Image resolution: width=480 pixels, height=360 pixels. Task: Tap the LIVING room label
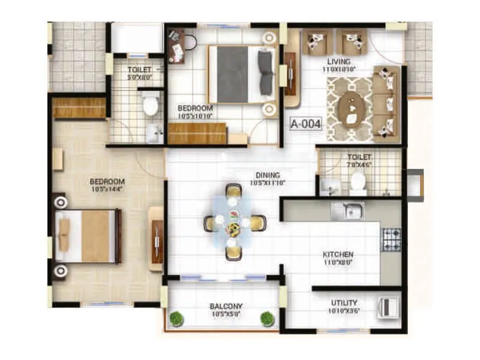tap(338, 61)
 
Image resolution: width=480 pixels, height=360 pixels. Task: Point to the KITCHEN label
tap(338, 254)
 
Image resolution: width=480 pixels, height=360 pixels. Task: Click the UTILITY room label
tap(344, 303)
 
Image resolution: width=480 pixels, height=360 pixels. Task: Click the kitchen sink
tap(347, 210)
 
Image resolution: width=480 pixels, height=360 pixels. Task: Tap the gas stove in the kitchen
tap(391, 238)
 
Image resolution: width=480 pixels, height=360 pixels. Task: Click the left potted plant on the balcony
tap(176, 319)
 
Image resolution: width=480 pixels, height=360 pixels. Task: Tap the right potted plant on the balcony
tap(266, 319)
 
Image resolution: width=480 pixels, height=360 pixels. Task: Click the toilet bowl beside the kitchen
tap(358, 182)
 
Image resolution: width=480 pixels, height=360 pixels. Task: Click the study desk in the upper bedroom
tap(178, 46)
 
